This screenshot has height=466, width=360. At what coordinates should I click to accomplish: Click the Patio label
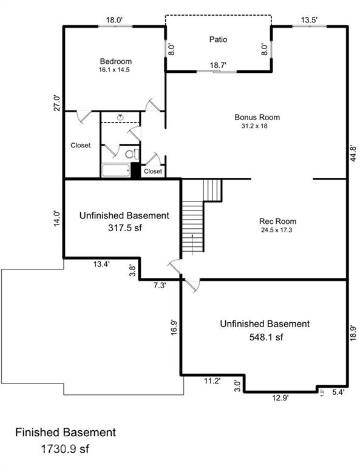point(218,39)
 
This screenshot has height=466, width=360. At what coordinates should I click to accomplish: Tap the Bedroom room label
point(115,61)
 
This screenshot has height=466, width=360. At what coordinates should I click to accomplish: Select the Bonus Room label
point(257,117)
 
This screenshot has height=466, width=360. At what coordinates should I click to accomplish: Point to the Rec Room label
point(277,221)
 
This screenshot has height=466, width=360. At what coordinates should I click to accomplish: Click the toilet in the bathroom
point(132,154)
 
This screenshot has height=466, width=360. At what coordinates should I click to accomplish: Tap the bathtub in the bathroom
point(116,171)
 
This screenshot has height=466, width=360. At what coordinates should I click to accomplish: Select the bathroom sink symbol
point(120,117)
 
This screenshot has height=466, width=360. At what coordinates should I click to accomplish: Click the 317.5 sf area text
point(125,228)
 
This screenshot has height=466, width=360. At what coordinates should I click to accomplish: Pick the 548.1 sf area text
point(266,337)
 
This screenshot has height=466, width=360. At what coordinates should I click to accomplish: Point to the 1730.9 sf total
point(65,449)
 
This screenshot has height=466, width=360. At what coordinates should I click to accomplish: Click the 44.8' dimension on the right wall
point(353,154)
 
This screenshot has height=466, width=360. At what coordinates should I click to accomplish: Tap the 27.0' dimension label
point(57,103)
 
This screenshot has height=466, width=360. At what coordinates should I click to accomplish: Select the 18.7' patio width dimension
point(218,65)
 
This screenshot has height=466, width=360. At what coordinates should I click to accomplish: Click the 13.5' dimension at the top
point(310,20)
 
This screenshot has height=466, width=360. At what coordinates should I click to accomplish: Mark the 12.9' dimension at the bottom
point(280,397)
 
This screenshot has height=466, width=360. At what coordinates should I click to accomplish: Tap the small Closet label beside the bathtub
point(153,171)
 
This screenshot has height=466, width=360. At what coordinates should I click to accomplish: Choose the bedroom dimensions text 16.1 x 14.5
point(114,70)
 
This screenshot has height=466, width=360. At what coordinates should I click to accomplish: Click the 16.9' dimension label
point(174,327)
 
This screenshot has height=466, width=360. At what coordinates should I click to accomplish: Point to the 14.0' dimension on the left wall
point(57,218)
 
